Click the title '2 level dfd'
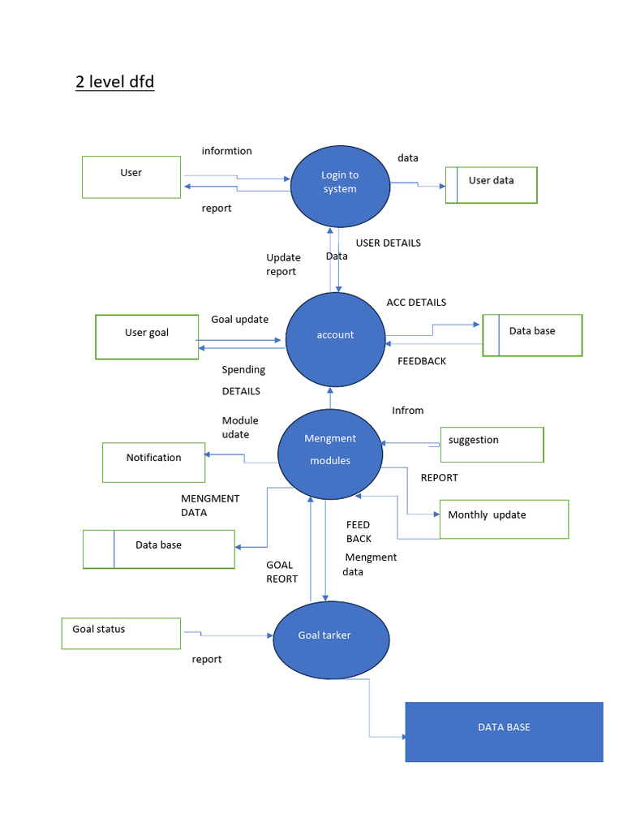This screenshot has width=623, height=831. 114,82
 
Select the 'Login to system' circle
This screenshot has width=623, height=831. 339,186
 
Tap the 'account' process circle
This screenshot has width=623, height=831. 335,339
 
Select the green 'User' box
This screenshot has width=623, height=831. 131,177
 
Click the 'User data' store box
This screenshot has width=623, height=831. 491,185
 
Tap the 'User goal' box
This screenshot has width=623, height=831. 147,337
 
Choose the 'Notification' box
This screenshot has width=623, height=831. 153,462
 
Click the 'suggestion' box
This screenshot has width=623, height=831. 492,444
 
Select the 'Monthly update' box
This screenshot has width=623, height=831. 503,519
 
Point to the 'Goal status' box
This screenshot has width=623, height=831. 121,633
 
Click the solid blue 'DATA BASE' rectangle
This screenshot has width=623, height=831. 504,731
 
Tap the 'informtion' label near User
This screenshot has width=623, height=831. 226,151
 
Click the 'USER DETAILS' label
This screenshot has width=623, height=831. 388,243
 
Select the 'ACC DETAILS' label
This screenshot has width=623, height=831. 416,303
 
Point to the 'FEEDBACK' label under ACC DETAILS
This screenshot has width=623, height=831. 421,361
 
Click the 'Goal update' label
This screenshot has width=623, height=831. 239,320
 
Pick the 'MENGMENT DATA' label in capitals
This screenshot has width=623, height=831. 210,506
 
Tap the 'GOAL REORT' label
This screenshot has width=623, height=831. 281,572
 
